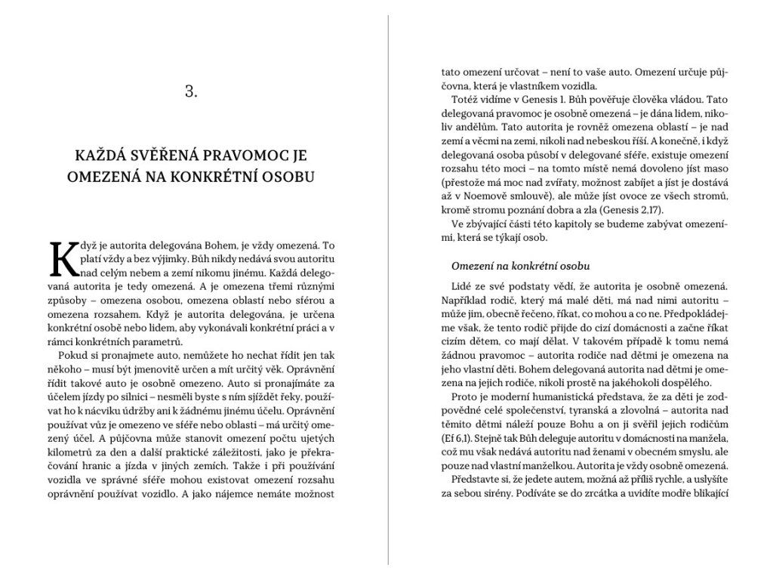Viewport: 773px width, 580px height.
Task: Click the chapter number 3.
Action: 191,91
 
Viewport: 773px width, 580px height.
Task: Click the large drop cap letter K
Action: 64,260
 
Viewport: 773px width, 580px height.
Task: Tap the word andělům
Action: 484,127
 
